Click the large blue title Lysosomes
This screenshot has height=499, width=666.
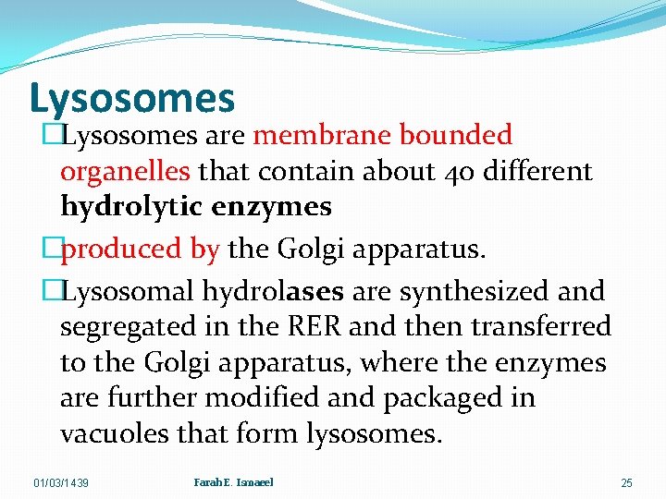(x=132, y=98)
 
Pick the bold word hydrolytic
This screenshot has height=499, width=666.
(x=131, y=207)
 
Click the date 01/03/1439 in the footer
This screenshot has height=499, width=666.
(x=61, y=483)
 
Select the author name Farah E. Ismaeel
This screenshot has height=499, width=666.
(x=234, y=482)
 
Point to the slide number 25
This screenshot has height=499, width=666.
(x=626, y=483)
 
